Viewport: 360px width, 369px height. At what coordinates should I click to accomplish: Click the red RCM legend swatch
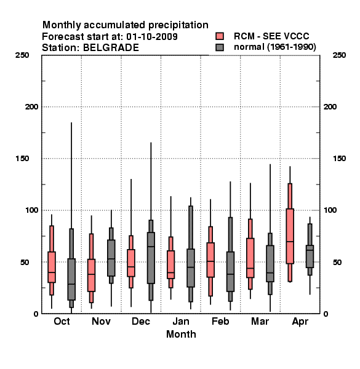click(220, 36)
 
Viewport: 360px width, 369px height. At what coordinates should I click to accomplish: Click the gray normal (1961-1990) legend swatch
click(220, 47)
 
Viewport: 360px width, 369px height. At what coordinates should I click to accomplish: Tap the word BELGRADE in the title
click(111, 47)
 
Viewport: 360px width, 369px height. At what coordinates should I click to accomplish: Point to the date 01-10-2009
click(152, 36)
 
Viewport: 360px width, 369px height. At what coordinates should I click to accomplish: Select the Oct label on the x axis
click(62, 321)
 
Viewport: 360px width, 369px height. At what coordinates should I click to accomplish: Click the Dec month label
click(141, 321)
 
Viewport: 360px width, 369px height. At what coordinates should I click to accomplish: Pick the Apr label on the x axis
click(300, 322)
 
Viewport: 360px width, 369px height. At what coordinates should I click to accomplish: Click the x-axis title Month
click(181, 334)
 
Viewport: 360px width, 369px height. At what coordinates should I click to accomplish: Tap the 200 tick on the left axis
click(31, 107)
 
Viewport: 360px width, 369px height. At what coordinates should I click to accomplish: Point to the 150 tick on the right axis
click(339, 159)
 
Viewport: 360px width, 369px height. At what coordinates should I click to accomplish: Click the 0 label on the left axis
click(36, 314)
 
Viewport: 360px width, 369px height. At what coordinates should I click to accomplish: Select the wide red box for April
click(290, 236)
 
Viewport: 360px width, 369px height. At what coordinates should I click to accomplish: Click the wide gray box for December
click(151, 258)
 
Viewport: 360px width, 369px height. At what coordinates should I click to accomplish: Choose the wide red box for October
click(52, 267)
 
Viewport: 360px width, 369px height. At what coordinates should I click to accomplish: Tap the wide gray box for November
click(111, 258)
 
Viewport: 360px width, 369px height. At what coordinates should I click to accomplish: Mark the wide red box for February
click(210, 260)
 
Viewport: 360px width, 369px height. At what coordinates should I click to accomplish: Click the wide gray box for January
click(191, 268)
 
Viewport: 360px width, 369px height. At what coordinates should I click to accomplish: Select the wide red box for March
click(250, 258)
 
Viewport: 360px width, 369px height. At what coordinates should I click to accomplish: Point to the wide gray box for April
click(310, 256)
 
